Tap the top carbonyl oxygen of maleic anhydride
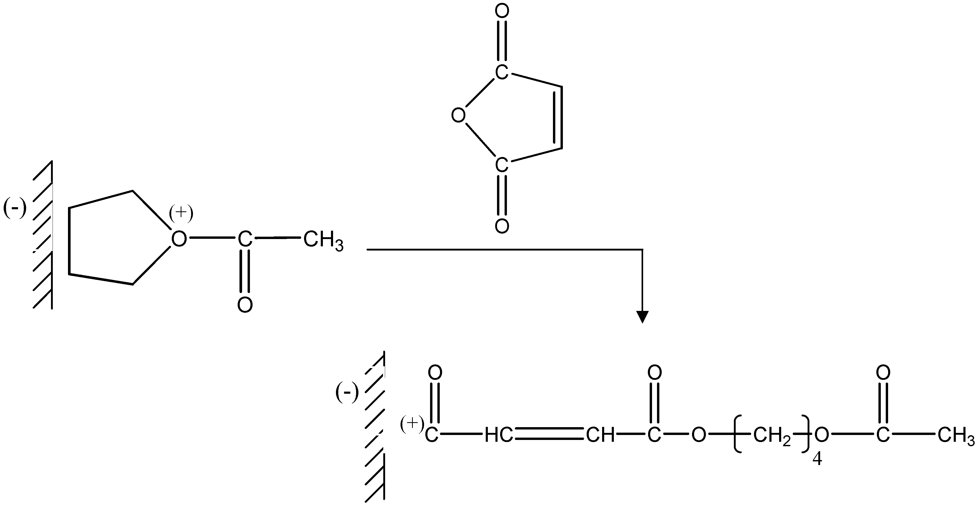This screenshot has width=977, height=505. pyautogui.click(x=502, y=12)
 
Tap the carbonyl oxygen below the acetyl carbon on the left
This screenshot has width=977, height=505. pyautogui.click(x=245, y=305)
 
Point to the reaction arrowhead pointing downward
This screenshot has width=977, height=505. pyautogui.click(x=642, y=317)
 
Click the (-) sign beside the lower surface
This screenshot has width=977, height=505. pyautogui.click(x=347, y=393)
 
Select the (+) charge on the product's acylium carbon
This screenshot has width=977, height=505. pyautogui.click(x=412, y=425)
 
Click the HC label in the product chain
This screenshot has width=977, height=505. pyautogui.click(x=498, y=436)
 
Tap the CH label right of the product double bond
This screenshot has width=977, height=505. pyautogui.click(x=600, y=436)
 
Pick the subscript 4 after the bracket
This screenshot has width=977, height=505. pyautogui.click(x=817, y=460)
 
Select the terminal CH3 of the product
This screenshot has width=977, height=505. pyautogui.click(x=956, y=436)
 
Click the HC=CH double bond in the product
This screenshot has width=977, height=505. pyautogui.click(x=549, y=434)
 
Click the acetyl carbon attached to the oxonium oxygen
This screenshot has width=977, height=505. pyautogui.click(x=245, y=239)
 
